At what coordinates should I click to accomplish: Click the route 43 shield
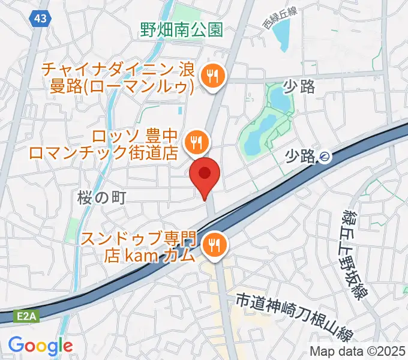click(x=40, y=19)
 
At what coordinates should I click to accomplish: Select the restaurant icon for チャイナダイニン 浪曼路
click(x=212, y=76)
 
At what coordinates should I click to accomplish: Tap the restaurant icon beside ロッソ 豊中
click(x=196, y=142)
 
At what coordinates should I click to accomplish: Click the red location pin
click(x=205, y=175)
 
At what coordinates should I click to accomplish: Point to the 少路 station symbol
click(x=325, y=157)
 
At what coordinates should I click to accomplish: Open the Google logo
click(x=40, y=346)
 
